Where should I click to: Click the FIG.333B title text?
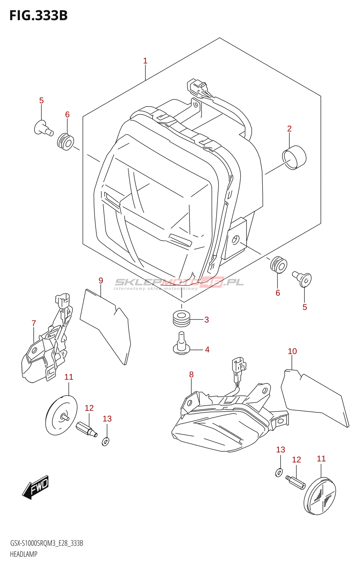tap(38, 16)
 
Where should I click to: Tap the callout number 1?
tap(145, 61)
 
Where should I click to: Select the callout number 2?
tap(289, 129)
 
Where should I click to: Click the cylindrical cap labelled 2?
tap(294, 158)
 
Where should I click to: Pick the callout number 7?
tap(34, 323)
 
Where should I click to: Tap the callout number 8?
tap(191, 375)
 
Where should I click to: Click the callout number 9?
tap(101, 281)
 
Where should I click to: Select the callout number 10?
tap(292, 351)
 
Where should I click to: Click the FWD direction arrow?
tap(35, 488)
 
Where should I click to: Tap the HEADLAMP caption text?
tap(23, 554)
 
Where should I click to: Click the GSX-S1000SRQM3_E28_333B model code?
tap(46, 543)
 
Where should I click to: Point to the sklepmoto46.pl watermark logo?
tap(179, 283)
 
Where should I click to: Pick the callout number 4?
tap(207, 350)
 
